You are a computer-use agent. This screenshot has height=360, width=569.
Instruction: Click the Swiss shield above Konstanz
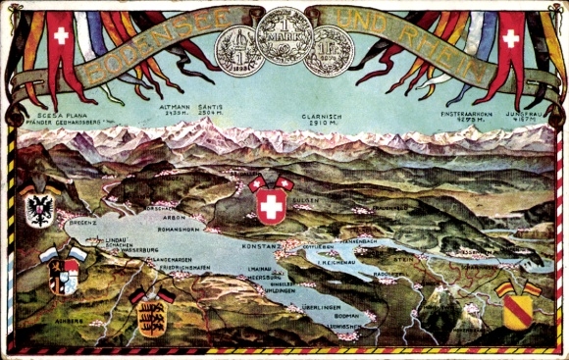pos(271,204)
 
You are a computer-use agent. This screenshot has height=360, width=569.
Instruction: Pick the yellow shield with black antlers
pos(151,311)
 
